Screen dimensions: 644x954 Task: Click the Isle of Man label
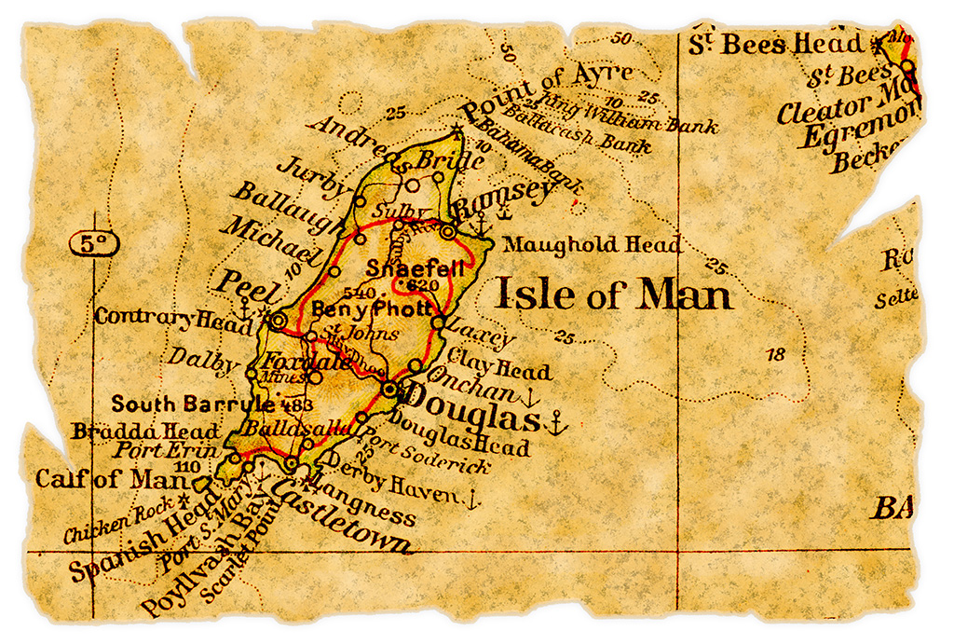613,295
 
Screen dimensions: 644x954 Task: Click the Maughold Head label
591,245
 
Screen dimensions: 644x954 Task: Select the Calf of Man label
105,479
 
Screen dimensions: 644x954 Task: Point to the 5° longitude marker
93,244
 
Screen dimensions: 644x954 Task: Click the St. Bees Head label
776,44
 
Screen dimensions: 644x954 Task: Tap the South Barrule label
192,404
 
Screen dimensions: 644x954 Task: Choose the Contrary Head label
159,319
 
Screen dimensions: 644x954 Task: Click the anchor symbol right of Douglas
555,424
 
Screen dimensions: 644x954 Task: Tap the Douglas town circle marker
390,389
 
